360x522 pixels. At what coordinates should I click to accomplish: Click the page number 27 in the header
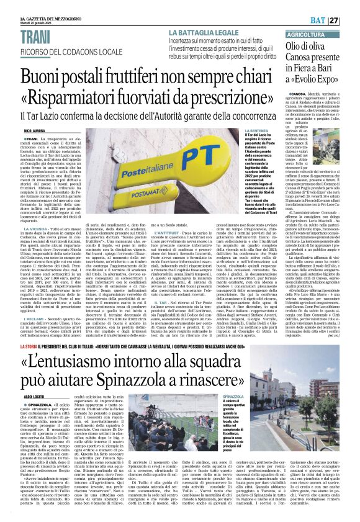click(x=351, y=20)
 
